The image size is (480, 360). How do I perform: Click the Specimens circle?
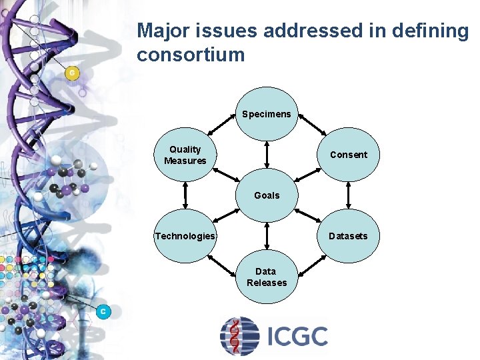(267, 114)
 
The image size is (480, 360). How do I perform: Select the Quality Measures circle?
(185, 155)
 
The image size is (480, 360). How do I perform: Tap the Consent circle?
(348, 155)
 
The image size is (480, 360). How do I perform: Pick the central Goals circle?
(267, 195)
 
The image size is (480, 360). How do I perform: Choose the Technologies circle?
(185, 236)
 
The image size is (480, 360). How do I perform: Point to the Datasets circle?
(348, 236)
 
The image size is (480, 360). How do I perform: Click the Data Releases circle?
(267, 277)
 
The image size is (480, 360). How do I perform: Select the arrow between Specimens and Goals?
(267, 154)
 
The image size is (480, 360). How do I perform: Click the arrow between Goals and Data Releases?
(267, 235)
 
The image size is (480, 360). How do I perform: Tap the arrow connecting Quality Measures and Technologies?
(185, 195)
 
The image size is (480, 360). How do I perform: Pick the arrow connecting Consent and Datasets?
(348, 195)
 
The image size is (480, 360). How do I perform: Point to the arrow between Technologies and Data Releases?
(225, 267)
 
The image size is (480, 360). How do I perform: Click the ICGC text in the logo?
(297, 336)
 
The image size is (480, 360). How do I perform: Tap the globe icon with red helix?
(239, 336)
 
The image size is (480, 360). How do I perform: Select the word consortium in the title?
(191, 55)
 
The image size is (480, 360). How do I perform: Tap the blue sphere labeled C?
(103, 311)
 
